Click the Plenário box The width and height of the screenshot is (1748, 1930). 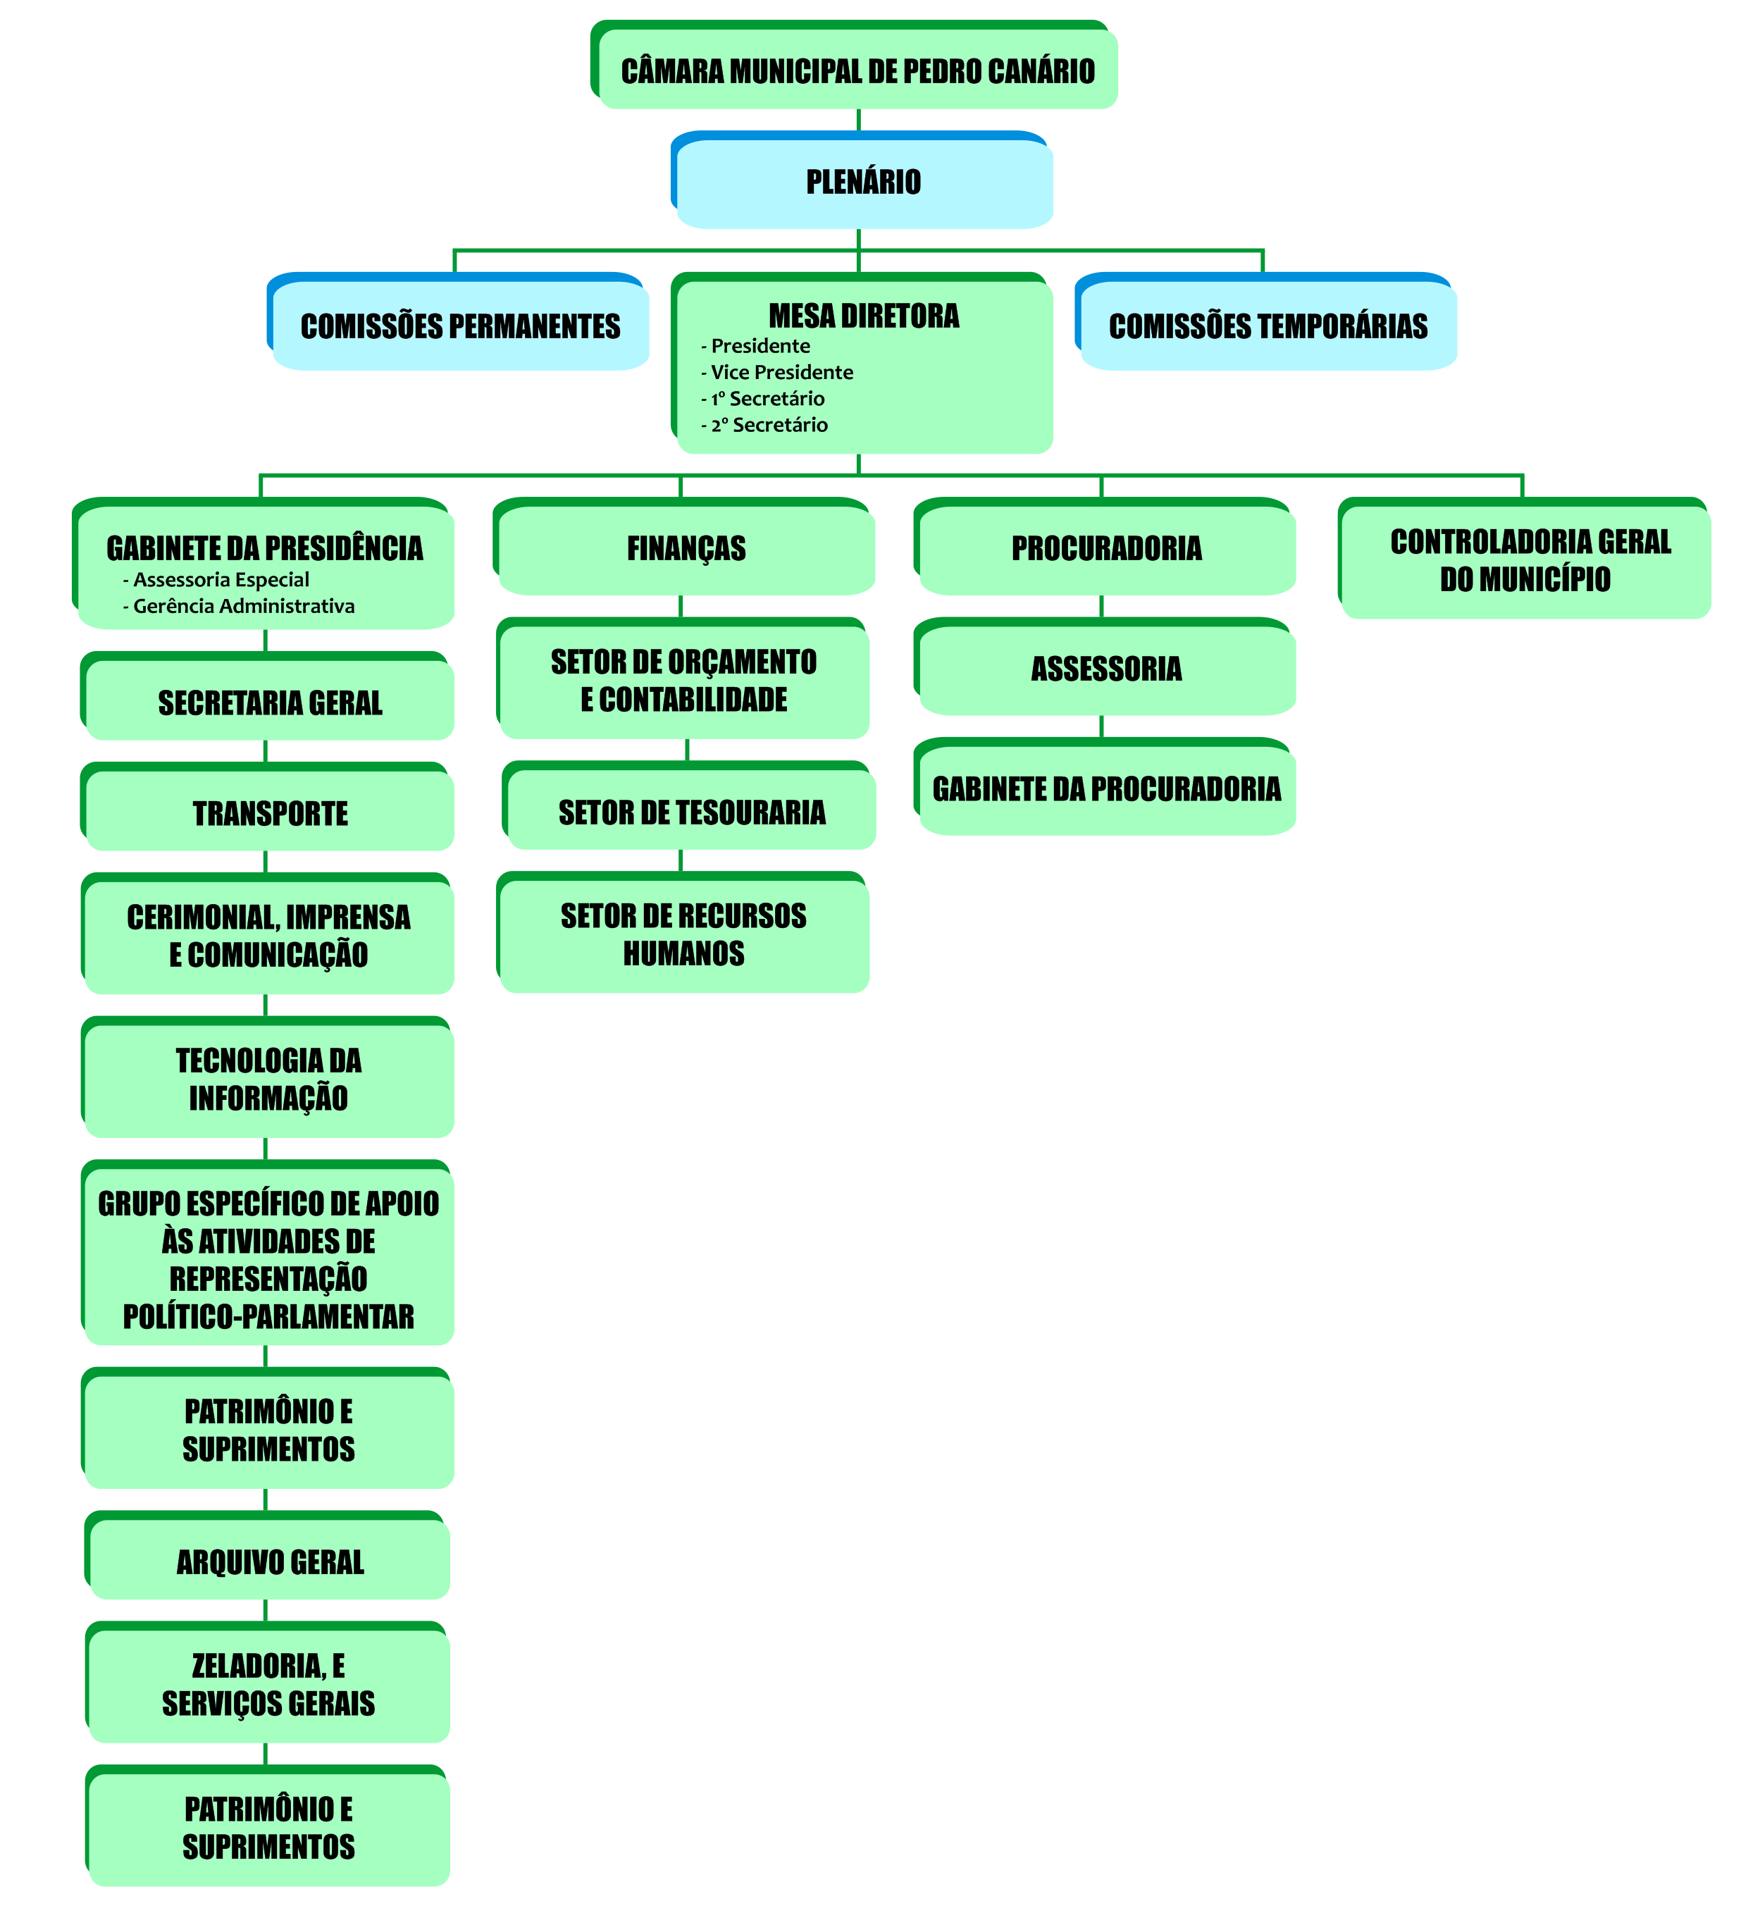point(862,182)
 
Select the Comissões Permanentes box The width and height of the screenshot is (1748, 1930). point(459,326)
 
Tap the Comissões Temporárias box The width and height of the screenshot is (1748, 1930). point(1267,326)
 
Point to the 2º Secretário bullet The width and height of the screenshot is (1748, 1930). point(768,425)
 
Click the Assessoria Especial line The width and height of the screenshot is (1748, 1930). point(221,580)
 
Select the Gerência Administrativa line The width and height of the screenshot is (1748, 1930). point(243,606)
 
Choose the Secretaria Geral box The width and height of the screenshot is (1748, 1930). point(269,703)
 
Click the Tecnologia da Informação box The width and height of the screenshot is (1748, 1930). point(268,1079)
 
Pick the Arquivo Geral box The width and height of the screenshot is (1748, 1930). point(269,1562)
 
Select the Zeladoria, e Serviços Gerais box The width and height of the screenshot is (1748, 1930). point(268,1685)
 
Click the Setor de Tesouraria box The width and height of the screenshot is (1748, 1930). point(691,812)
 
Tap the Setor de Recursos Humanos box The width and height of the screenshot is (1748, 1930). point(683,934)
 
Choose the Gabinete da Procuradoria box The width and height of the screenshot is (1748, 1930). point(1105,789)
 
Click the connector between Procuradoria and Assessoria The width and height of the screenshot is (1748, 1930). point(1101,607)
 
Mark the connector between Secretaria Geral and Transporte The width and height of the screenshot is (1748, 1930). point(265,750)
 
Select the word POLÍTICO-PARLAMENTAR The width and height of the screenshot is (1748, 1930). point(268,1317)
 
